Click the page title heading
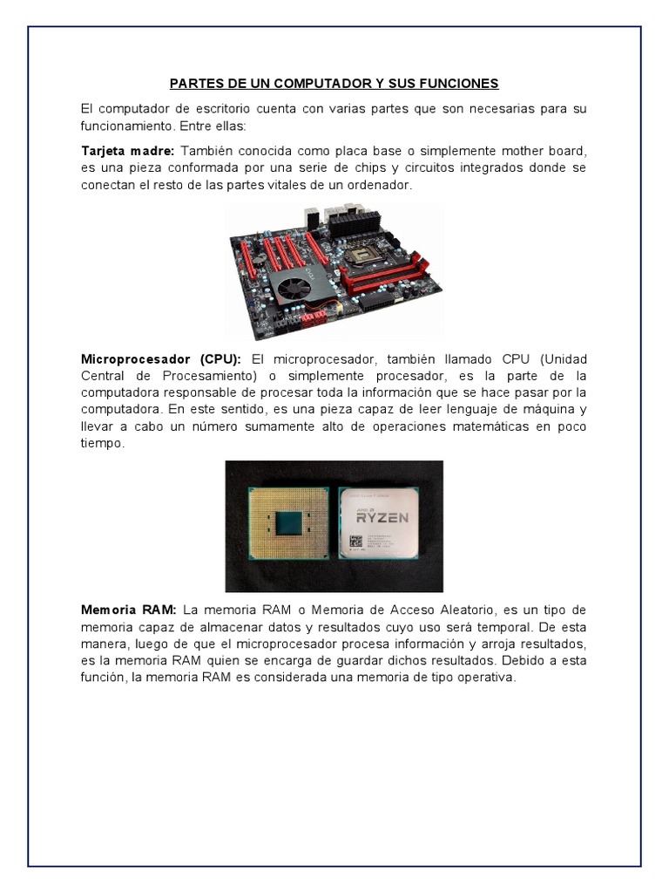[x=334, y=84]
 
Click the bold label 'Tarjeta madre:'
[x=128, y=149]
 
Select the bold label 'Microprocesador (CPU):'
[x=160, y=359]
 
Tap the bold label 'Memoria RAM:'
[x=128, y=610]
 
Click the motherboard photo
[x=334, y=270]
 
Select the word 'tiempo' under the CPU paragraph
[x=103, y=443]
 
